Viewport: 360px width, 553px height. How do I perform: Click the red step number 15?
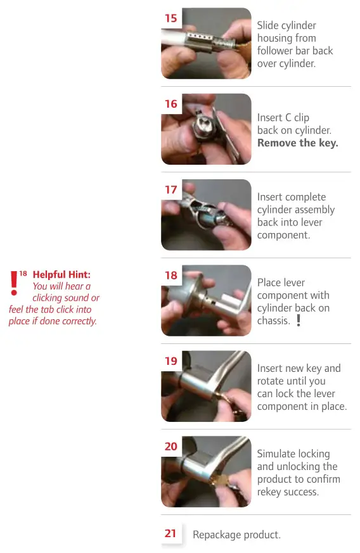click(x=171, y=18)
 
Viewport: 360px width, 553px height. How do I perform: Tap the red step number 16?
click(x=171, y=104)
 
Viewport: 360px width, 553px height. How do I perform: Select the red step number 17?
click(x=171, y=189)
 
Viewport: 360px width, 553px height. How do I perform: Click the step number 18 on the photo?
click(x=171, y=276)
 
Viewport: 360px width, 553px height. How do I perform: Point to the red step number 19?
click(x=171, y=361)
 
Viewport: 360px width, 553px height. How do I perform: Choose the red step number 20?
click(x=171, y=447)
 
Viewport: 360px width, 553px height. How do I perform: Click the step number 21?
click(x=170, y=533)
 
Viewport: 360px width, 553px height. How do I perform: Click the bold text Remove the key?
click(x=297, y=143)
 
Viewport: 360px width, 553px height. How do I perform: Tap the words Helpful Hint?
click(x=61, y=274)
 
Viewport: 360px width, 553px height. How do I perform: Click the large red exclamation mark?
click(x=13, y=283)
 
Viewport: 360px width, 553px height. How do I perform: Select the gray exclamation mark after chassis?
click(x=298, y=321)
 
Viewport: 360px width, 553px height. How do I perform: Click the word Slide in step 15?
click(x=269, y=25)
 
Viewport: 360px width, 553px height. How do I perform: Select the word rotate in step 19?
click(x=272, y=381)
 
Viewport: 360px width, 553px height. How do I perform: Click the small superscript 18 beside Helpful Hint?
click(x=23, y=273)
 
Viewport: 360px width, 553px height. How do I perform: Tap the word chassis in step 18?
click(x=274, y=321)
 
